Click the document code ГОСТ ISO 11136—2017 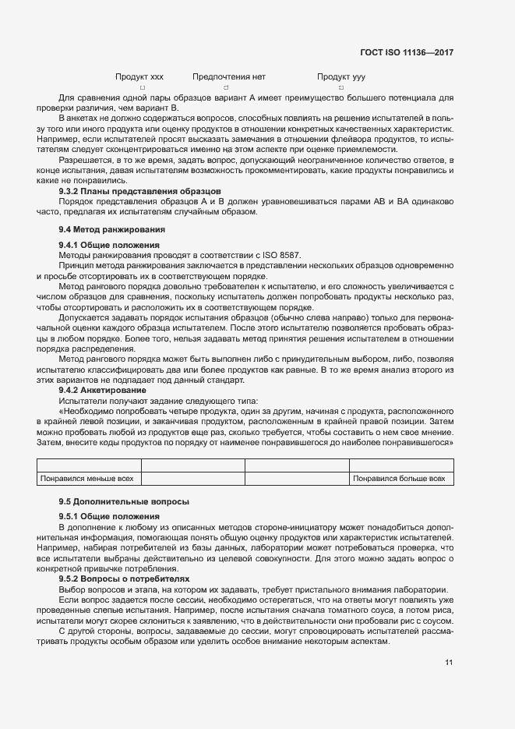(x=407, y=53)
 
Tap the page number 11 (x=449, y=663)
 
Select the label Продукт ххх (x=139, y=77)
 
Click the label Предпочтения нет (x=229, y=77)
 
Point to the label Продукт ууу (x=341, y=77)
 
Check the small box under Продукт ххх (x=142, y=88)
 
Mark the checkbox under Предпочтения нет (x=226, y=88)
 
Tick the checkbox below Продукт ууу (x=341, y=88)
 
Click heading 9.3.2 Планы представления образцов (x=140, y=191)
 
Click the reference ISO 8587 (x=281, y=255)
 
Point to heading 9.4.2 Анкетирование (x=102, y=389)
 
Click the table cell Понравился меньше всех (x=88, y=479)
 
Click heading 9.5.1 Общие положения (x=109, y=517)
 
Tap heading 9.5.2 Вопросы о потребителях (x=124, y=579)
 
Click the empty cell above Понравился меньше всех (x=88, y=465)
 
